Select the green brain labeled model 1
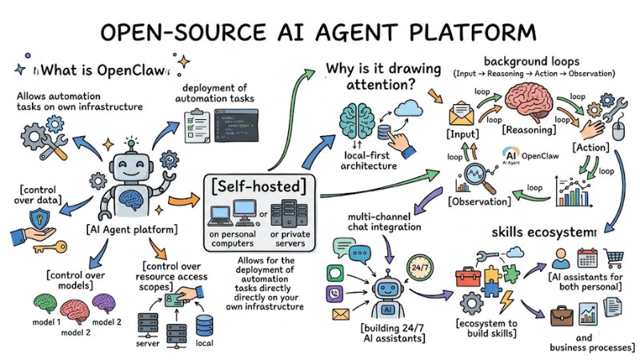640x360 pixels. (48, 305)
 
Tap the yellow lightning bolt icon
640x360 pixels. (506, 302)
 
